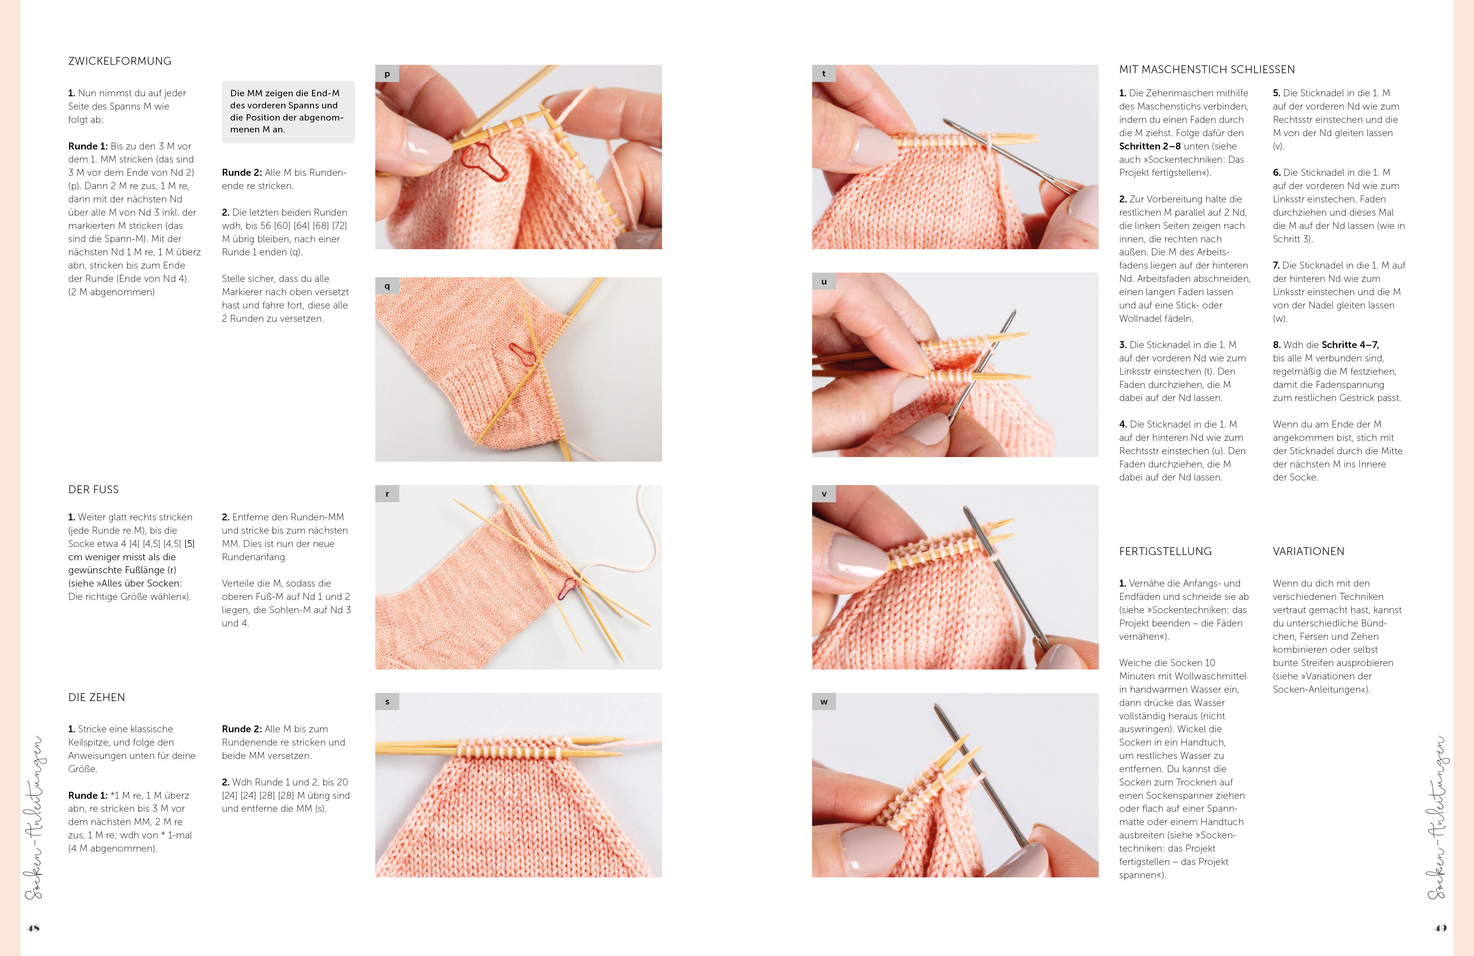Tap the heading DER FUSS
94,489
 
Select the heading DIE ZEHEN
96,698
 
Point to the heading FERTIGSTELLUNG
1165,551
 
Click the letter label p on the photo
387,74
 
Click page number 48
34,927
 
